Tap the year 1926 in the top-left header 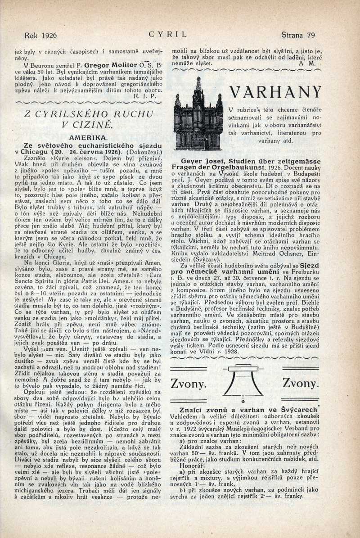tap(48, 35)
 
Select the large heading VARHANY tap(275, 92)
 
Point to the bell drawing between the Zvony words tap(243, 383)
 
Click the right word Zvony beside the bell tap(300, 384)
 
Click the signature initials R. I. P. tap(144, 96)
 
